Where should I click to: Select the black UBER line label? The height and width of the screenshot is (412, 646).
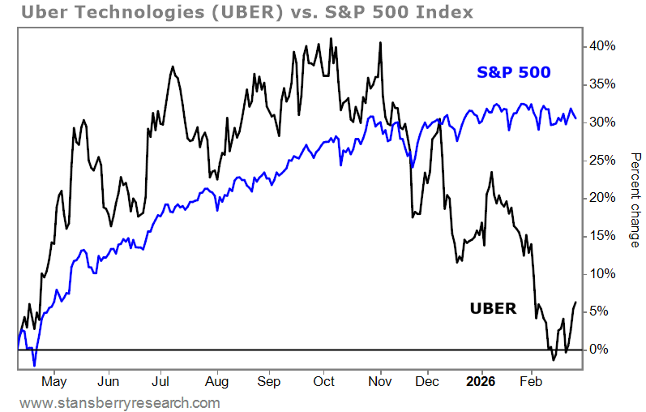(x=493, y=308)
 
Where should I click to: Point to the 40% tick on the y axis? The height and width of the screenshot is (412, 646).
(x=601, y=46)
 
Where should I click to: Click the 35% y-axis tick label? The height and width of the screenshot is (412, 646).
(x=601, y=84)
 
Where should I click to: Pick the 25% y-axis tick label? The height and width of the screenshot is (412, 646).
(x=601, y=160)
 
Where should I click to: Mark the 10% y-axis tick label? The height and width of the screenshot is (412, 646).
(x=601, y=273)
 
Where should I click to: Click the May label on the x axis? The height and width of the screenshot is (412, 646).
(x=53, y=380)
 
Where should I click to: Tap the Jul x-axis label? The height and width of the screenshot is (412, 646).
(x=161, y=380)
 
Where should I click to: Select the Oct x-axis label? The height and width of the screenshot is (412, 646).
(x=324, y=380)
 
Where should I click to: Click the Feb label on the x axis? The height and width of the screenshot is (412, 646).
(x=532, y=380)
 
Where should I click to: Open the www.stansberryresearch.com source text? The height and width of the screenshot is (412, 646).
(x=120, y=402)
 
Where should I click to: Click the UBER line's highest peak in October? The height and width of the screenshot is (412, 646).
(x=331, y=38)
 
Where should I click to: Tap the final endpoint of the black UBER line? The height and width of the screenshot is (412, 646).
(x=575, y=303)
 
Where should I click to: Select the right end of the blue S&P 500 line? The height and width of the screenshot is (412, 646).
(x=575, y=118)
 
